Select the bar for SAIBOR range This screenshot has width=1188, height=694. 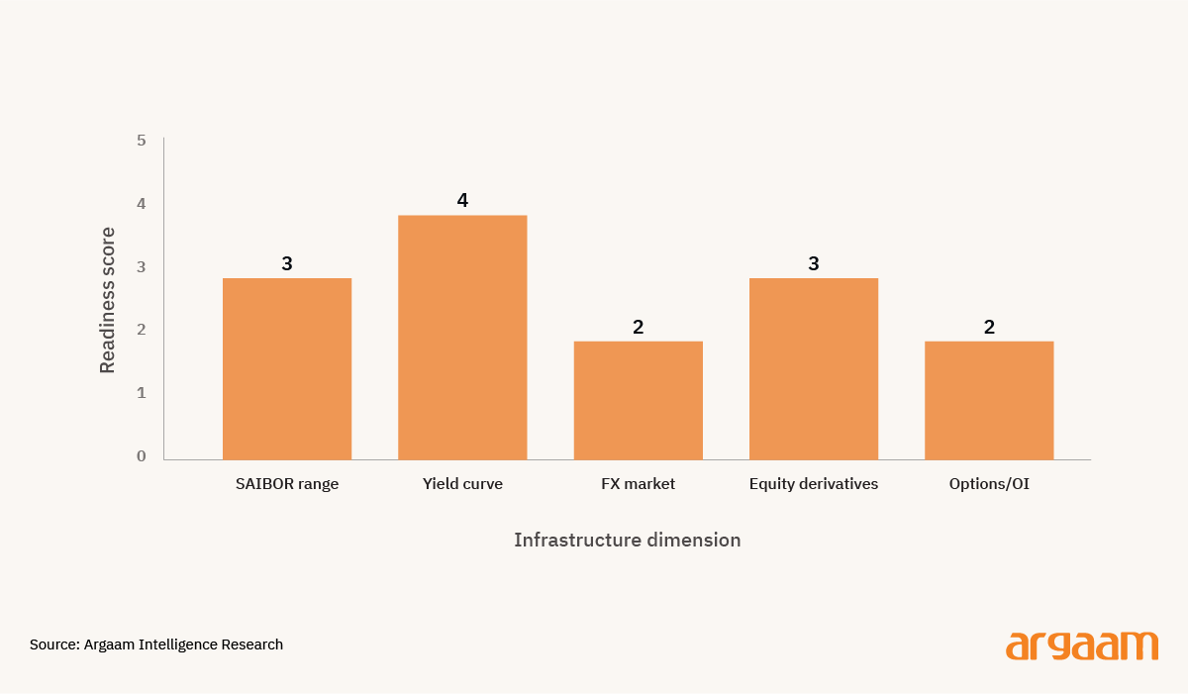[287, 368]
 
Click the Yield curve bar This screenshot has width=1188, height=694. [462, 338]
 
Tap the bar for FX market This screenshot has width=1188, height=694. [638, 400]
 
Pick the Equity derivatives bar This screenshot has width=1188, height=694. [814, 368]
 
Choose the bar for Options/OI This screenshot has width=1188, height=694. [989, 400]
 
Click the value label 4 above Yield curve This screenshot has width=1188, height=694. [462, 200]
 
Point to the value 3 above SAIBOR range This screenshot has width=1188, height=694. [287, 263]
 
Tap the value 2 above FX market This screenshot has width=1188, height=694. [638, 327]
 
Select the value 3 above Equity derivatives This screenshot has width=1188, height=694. [814, 263]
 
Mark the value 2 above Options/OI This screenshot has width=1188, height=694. [989, 327]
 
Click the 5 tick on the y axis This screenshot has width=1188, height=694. [141, 141]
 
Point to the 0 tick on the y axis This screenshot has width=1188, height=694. [141, 456]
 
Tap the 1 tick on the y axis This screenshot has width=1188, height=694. [141, 393]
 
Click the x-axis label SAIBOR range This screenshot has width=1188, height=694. [287, 484]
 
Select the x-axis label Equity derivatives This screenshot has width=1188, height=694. [814, 484]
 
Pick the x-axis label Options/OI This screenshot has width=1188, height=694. [989, 484]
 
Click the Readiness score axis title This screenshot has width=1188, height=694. [107, 300]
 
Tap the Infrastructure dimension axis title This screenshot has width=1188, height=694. [628, 540]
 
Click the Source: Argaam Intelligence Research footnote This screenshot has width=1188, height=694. [156, 644]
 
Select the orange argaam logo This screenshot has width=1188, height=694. [1082, 646]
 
